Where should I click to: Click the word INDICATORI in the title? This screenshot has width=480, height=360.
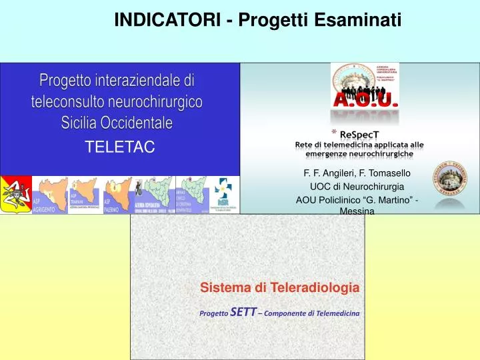pos(168,21)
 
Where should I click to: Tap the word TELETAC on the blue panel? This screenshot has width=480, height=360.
pos(119,147)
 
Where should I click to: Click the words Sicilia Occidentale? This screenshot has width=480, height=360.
pos(117,123)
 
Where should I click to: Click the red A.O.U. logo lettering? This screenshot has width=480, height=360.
pos(365,101)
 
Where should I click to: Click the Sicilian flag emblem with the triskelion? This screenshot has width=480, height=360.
pos(15,195)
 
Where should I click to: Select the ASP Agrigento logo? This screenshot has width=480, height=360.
pos(50,195)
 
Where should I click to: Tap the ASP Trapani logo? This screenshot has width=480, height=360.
pos(85,195)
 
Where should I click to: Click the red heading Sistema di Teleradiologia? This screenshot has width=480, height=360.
pos(280,288)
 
